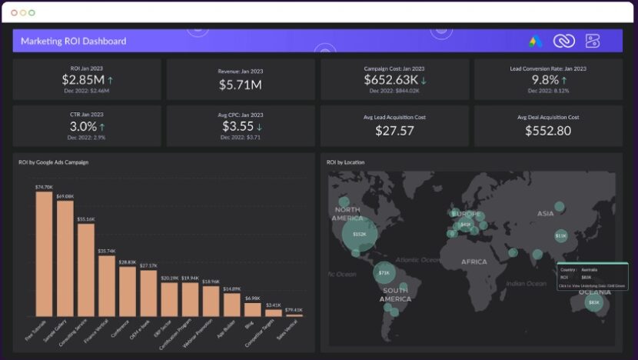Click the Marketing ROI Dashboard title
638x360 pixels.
74,41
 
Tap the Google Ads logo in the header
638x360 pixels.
536,41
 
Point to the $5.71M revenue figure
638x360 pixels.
240,84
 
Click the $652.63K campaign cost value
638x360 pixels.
390,80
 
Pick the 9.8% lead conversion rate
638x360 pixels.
545,80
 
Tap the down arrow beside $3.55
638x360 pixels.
260,127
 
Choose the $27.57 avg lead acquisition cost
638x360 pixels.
394,131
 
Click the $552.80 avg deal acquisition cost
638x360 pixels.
548,131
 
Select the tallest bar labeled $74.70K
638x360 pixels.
44,254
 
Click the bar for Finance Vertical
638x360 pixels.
107,285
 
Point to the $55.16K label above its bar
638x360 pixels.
86,219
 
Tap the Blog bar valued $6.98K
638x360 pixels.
252,309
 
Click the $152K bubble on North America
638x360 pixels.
359,234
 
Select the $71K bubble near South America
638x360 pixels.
384,272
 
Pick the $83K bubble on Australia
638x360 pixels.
593,303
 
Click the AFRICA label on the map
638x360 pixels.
474,262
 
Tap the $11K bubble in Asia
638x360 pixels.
560,236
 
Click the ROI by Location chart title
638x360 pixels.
345,162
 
